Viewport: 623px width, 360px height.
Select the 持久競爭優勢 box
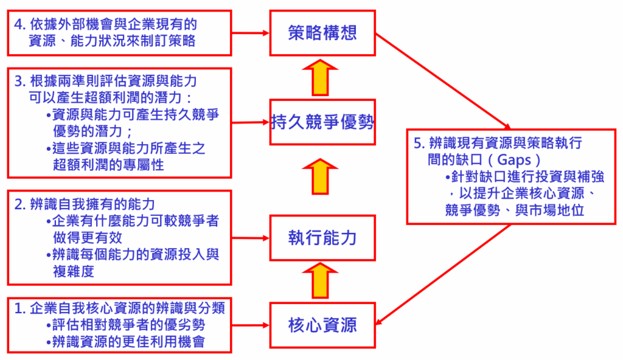pos(322,123)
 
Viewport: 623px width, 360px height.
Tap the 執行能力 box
pos(322,238)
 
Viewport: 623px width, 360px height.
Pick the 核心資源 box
pos(322,325)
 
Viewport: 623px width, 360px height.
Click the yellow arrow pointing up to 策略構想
pos(322,77)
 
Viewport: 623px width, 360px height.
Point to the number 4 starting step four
pos(19,25)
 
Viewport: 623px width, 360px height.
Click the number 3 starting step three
pos(19,81)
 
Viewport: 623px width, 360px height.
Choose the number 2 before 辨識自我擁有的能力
pos(19,204)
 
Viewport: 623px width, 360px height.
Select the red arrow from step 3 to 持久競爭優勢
pos(250,122)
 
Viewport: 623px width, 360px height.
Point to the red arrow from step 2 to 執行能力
pos(250,238)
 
